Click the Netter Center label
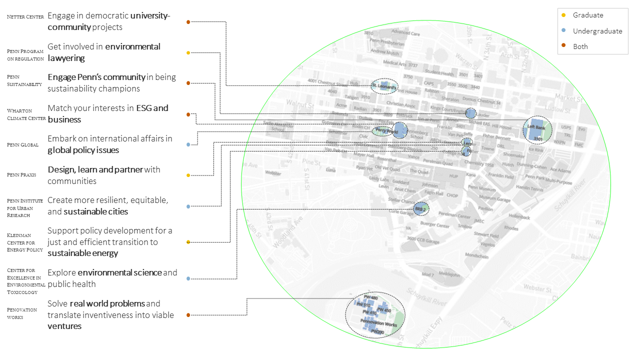[x=25, y=17]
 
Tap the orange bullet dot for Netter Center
[x=188, y=22]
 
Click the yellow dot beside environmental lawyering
[x=188, y=52]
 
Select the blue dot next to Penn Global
[x=188, y=144]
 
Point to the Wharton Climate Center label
[x=26, y=114]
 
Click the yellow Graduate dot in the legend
[x=563, y=15]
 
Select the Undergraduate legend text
[x=597, y=31]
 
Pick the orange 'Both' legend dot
[x=563, y=46]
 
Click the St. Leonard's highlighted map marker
[x=384, y=87]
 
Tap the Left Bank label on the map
[x=536, y=127]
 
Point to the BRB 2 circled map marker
[x=421, y=208]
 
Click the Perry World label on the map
[x=383, y=131]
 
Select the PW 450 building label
[x=383, y=310]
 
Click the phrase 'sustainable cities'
[x=96, y=211]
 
